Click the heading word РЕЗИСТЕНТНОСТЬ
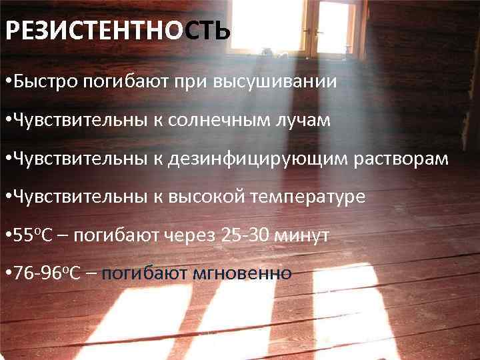118,31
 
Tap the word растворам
405,159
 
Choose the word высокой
218,197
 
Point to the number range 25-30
252,235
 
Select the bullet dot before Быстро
7,83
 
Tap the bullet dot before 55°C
7,235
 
